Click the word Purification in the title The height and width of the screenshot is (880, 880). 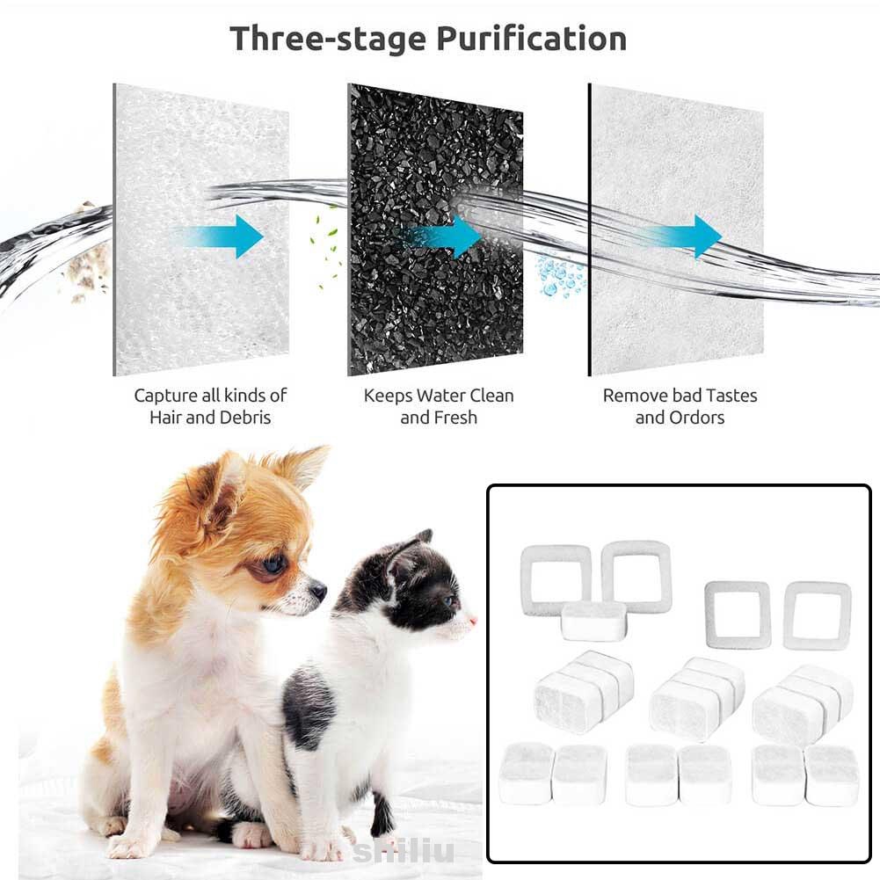tap(531, 40)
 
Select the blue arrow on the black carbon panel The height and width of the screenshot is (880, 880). tap(443, 236)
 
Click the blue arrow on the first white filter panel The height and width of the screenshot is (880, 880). tap(224, 236)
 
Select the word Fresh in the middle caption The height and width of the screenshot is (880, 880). tap(454, 418)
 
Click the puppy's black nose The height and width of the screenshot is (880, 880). tap(317, 589)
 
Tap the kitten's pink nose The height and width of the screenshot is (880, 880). tap(473, 622)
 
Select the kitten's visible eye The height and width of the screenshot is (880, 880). tap(449, 601)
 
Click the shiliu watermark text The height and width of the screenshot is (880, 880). tap(404, 851)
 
